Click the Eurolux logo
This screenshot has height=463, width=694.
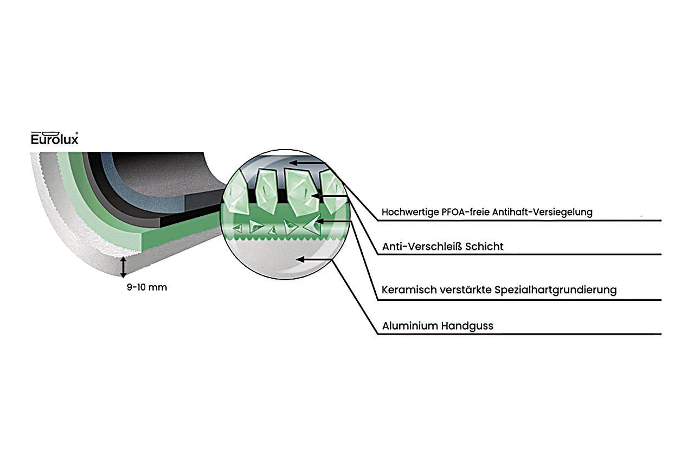[x=55, y=138]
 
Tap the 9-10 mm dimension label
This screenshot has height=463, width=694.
[x=147, y=287]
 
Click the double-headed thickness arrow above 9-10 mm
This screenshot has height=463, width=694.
[x=123, y=267]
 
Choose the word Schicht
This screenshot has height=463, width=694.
[x=484, y=247]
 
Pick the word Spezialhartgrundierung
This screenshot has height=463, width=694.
[x=556, y=291]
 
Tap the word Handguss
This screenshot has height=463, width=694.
[x=467, y=326]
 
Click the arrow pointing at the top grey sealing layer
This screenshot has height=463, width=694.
[x=307, y=163]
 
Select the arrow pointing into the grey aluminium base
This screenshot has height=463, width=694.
[x=314, y=259]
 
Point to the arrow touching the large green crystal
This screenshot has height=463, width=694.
[x=329, y=196]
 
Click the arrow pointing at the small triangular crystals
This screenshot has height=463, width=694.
[x=333, y=221]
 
